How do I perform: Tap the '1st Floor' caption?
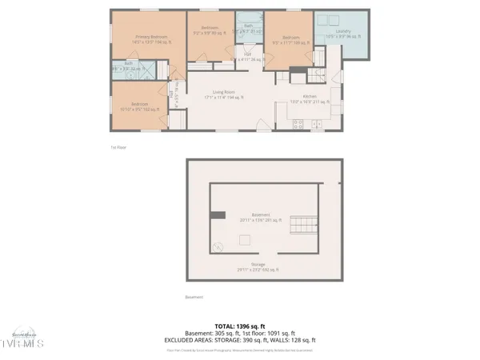pos(118,147)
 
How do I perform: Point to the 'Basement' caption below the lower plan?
pos(194,298)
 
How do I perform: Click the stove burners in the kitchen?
pos(297,123)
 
